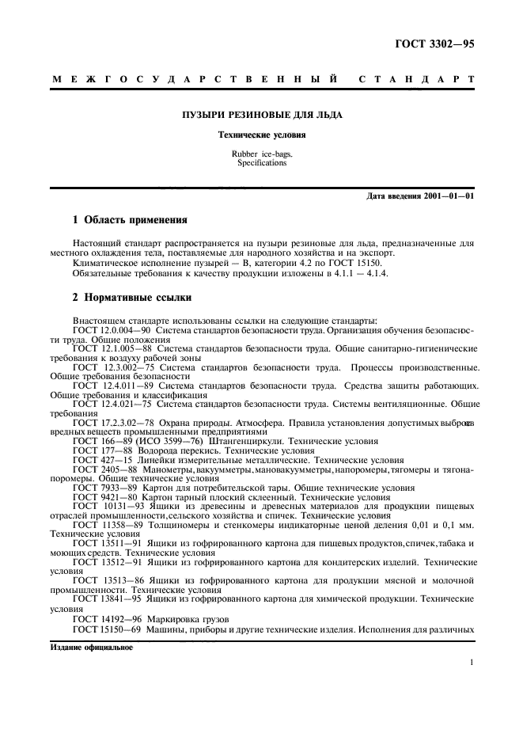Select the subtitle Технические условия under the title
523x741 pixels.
click(262, 135)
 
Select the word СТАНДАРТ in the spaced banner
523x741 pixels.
click(417, 79)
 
